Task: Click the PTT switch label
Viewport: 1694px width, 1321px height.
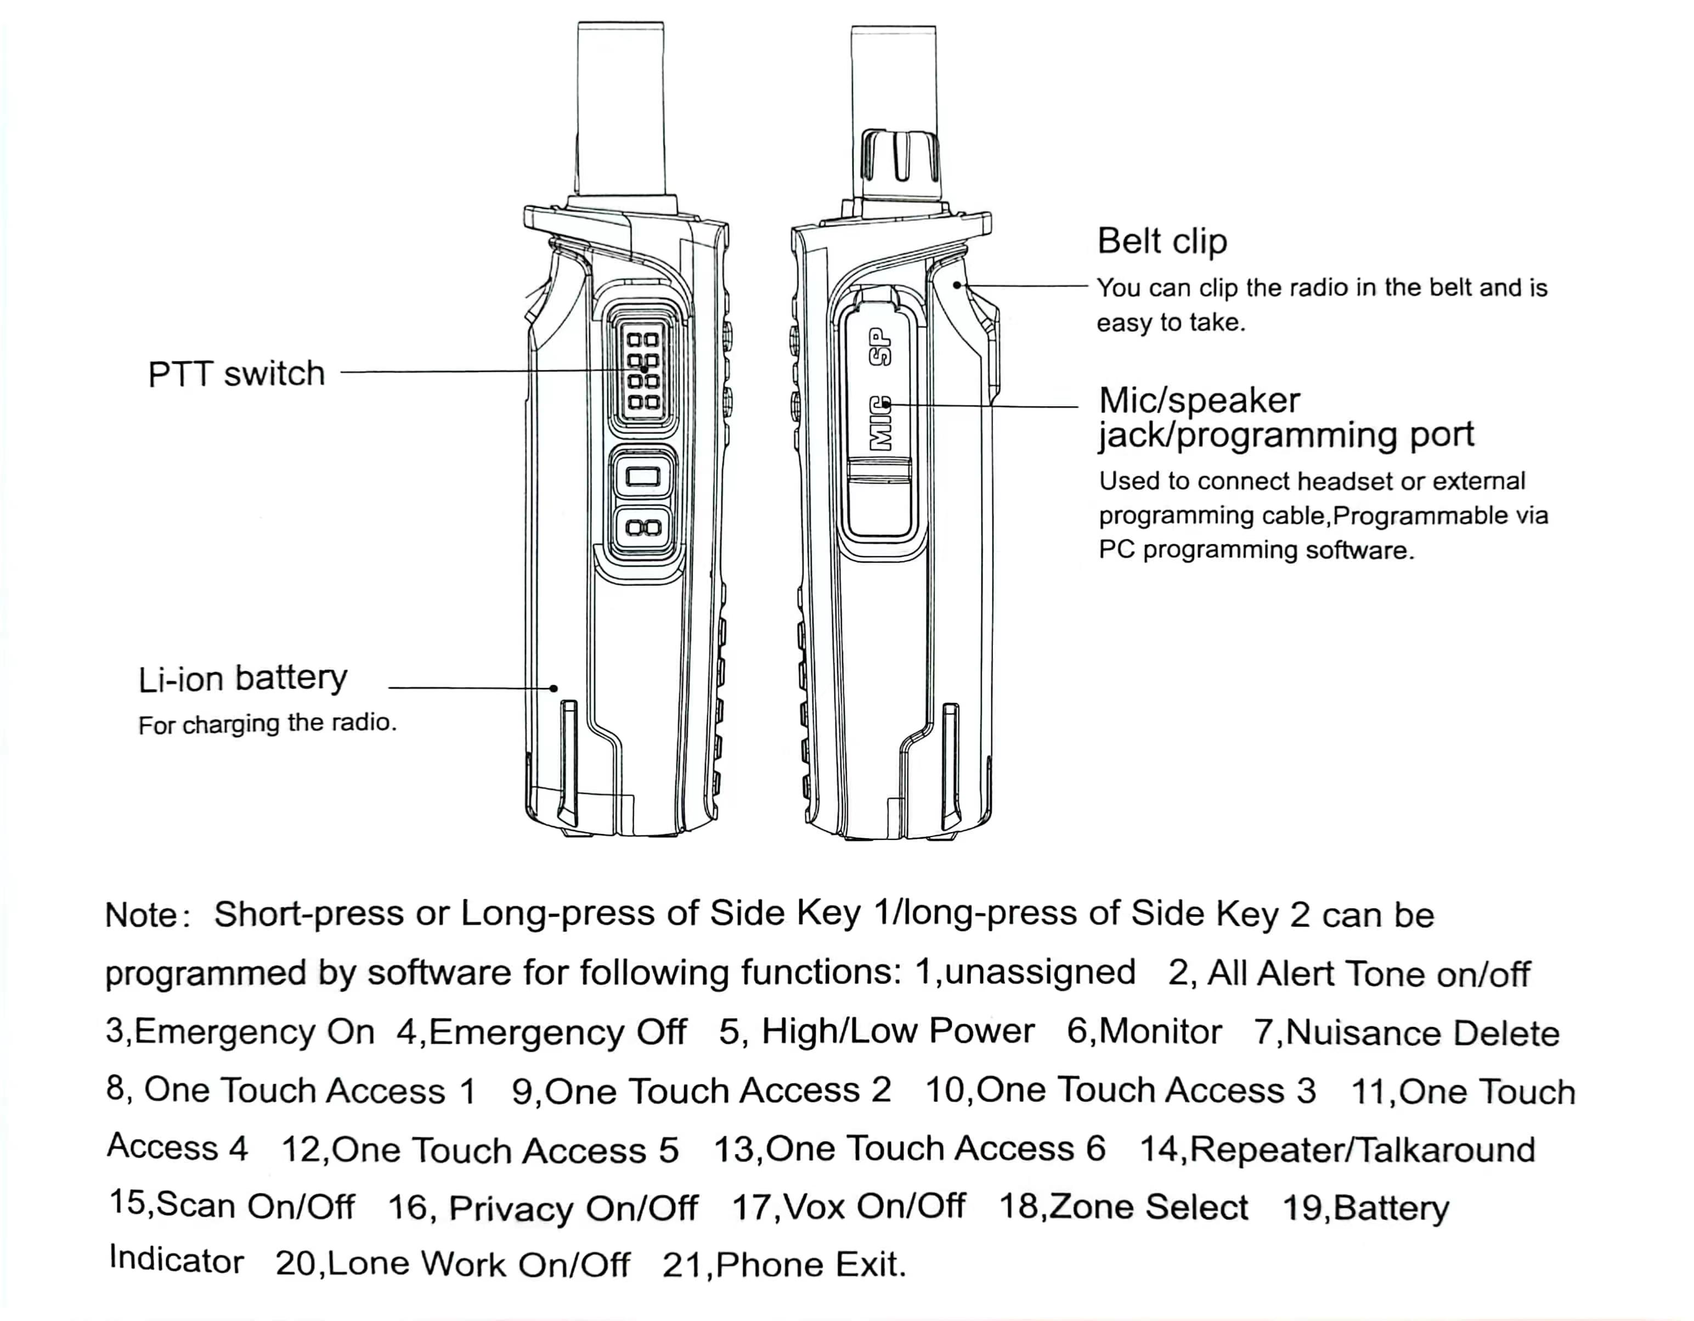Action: pyautogui.click(x=236, y=374)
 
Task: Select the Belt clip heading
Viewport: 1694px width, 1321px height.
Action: pyautogui.click(x=1161, y=241)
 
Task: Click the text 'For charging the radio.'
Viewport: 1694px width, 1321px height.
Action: pyautogui.click(x=267, y=724)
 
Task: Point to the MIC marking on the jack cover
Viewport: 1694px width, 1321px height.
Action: pyautogui.click(x=879, y=424)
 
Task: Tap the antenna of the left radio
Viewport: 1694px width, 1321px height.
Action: pyautogui.click(x=620, y=109)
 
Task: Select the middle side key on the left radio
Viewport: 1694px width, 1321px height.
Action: pyautogui.click(x=642, y=476)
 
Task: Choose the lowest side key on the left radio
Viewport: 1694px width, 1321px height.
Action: pyautogui.click(x=642, y=528)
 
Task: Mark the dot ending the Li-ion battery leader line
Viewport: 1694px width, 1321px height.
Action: pyautogui.click(x=554, y=688)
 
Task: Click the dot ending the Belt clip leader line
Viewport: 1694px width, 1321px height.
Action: pyautogui.click(x=957, y=285)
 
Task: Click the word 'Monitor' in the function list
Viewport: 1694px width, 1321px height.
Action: pyautogui.click(x=1160, y=1032)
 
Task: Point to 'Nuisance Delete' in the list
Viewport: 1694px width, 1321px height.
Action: pyautogui.click(x=1422, y=1033)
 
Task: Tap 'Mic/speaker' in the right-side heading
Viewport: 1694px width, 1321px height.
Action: pyautogui.click(x=1199, y=401)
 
